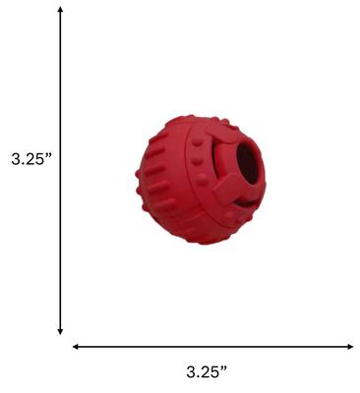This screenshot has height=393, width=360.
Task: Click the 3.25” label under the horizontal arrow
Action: (207, 372)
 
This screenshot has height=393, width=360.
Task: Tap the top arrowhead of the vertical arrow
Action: (61, 10)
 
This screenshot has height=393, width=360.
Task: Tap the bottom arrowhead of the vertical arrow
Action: (61, 331)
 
